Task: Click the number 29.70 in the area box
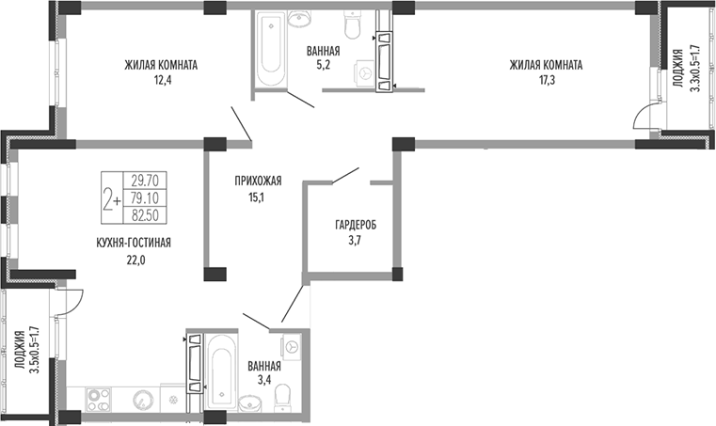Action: [x=145, y=181]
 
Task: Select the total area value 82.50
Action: [x=145, y=215]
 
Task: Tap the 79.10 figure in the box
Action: [x=145, y=198]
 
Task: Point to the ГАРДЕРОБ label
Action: [x=357, y=225]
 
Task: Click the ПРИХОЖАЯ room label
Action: [x=258, y=181]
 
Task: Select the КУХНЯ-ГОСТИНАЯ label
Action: [x=134, y=243]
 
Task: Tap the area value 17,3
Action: [x=547, y=81]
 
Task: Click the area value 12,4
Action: [x=162, y=81]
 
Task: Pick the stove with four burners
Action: [x=98, y=401]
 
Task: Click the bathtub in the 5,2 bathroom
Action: [x=271, y=48]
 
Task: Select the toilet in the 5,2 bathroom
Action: [x=352, y=24]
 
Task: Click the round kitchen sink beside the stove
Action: [x=141, y=401]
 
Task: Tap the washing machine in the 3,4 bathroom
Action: [x=292, y=347]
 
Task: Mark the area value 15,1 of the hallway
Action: [x=258, y=197]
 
